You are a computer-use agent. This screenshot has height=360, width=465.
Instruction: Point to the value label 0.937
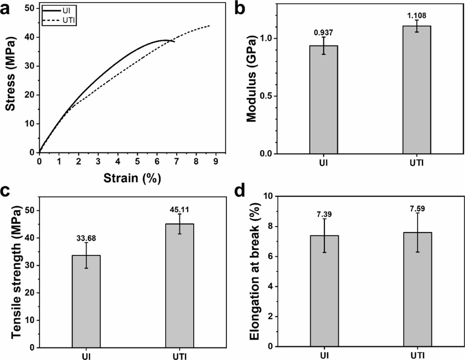[323, 33]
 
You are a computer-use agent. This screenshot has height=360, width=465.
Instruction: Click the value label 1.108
[417, 16]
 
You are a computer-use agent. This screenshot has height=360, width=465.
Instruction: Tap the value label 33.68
[86, 238]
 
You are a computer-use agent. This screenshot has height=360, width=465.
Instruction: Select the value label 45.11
[180, 210]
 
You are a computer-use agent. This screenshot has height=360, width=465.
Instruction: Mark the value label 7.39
[324, 214]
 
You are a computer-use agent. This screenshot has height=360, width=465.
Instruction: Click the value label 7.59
[417, 209]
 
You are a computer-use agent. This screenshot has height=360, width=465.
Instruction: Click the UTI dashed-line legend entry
[59, 21]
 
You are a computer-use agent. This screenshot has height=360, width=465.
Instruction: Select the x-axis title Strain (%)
[132, 178]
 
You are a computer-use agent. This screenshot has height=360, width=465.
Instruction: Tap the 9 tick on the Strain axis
[216, 162]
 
